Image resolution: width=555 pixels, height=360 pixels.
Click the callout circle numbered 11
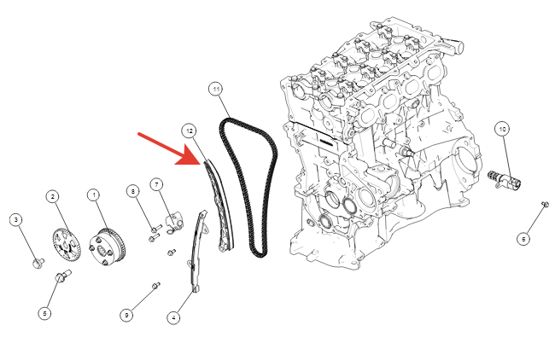pos(216,89)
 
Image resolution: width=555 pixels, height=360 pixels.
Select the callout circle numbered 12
pos(189,131)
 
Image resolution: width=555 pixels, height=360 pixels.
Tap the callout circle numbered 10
pos(502,129)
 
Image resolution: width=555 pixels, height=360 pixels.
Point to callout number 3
pos(16,220)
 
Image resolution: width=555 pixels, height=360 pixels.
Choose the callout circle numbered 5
pos(44,313)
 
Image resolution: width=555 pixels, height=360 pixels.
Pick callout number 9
pos(126,315)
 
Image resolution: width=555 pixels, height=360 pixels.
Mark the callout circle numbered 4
pos(173,317)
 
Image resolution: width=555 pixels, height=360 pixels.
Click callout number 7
pos(156,184)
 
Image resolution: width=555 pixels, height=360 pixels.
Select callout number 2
pos(53,196)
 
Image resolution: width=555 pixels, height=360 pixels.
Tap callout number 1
pos(94,195)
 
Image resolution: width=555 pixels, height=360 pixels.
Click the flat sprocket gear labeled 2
pos(67,244)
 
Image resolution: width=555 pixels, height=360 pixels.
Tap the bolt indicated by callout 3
pos(38,263)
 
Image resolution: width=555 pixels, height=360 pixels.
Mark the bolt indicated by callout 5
pos(62,276)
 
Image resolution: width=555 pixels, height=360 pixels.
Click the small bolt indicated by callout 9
pos(155,285)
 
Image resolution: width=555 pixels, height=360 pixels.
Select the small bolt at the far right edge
pos(545,204)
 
